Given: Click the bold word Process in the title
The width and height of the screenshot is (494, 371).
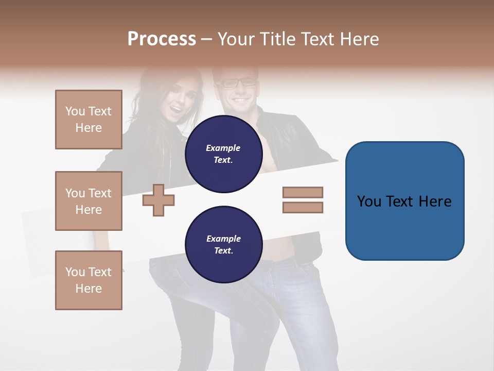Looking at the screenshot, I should click(x=162, y=39).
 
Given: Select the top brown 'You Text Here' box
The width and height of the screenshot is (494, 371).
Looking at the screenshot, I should click(x=89, y=120).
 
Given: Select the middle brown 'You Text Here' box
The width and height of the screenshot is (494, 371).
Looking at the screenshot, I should click(x=89, y=201).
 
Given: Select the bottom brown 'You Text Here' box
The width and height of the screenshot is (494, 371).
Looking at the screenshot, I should click(x=89, y=280).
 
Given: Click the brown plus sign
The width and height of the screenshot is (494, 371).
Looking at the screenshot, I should click(x=158, y=200).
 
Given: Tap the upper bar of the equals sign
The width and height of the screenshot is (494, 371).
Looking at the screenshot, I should click(x=303, y=192).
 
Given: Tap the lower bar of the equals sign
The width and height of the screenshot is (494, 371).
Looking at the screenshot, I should click(x=303, y=208).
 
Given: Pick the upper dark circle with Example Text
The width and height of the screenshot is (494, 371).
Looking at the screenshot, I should click(x=223, y=154).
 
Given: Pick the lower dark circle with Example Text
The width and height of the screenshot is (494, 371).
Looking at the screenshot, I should click(x=223, y=244).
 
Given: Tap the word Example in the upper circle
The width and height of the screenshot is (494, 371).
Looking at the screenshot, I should click(x=223, y=148).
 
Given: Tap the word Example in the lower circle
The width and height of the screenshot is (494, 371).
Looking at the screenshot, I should click(x=223, y=239).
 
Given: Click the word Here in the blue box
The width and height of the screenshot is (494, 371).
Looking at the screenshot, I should click(x=435, y=201).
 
